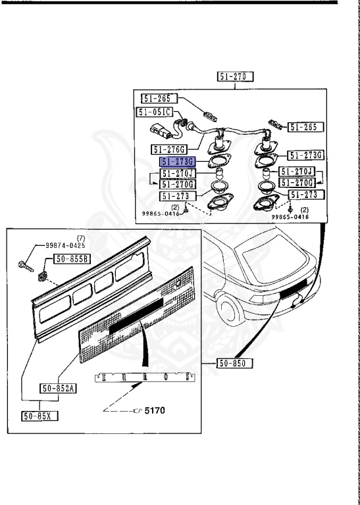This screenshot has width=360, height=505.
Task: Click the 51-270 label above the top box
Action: pyautogui.click(x=236, y=77)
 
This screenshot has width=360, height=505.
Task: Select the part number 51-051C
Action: pyautogui.click(x=155, y=112)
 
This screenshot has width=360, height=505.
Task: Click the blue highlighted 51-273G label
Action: pyautogui.click(x=177, y=162)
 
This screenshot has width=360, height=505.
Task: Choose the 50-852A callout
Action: pyautogui.click(x=57, y=389)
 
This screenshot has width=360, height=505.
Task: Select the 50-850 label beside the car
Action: pyautogui.click(x=235, y=363)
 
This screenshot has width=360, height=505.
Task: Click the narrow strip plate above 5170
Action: pyautogui.click(x=145, y=379)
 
